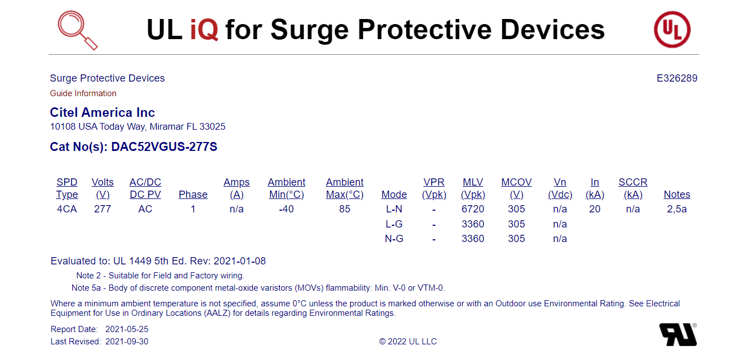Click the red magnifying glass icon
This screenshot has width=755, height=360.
pos(77,30)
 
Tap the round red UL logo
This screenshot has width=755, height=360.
pos(672,29)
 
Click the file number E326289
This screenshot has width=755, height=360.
pos(677,78)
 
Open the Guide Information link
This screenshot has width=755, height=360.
pos(83,93)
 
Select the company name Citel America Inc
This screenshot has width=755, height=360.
pos(102,112)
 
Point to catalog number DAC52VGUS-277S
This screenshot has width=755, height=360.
pos(164,147)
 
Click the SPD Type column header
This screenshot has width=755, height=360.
pos(67,188)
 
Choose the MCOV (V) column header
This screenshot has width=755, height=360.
pos(516,188)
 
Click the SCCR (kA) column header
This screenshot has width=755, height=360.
pos(633,188)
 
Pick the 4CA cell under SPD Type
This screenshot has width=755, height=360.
pos(67,209)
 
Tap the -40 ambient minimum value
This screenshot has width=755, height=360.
pos(286,209)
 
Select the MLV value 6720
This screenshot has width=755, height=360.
pos(473,209)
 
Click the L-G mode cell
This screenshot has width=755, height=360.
pos(394,224)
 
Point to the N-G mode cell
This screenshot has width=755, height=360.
pos(394,239)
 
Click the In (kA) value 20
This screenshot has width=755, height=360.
pos(594,209)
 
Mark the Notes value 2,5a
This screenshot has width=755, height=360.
pos(677,209)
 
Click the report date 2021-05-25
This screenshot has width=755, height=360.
pos(127,329)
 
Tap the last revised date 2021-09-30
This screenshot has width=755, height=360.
pos(127,342)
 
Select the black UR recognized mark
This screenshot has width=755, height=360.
pos(678,334)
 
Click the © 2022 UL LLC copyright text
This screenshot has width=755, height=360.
pos(408,342)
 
